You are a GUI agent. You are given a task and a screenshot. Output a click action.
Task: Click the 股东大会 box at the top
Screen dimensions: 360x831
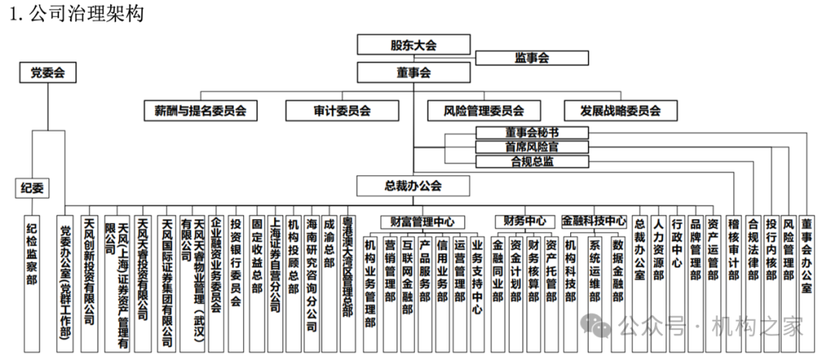[x=413, y=45]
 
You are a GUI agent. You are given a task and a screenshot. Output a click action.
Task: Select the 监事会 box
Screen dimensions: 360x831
[x=531, y=58]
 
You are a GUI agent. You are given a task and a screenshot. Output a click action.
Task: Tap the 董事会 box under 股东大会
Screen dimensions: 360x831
[x=413, y=72]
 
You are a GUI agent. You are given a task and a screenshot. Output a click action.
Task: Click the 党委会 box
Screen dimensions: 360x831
[x=48, y=73]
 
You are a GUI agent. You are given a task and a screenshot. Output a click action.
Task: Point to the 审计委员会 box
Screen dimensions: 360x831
[x=342, y=111]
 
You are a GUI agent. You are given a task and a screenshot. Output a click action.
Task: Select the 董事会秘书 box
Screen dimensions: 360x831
[x=532, y=133]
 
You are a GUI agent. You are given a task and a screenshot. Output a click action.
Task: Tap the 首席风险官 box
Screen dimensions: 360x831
[x=532, y=147]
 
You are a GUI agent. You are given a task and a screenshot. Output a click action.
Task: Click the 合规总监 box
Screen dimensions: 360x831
[x=532, y=162]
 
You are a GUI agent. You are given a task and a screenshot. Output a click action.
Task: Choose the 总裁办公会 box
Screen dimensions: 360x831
[x=413, y=185]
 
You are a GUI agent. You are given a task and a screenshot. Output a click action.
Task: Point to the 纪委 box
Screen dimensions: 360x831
[x=32, y=187]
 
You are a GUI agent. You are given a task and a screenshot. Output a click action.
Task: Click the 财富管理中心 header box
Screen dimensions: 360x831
[x=422, y=222]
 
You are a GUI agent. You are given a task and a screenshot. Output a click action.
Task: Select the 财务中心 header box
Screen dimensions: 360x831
[x=525, y=222]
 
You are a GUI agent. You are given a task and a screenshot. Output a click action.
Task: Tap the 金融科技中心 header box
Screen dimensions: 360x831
[x=594, y=222]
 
